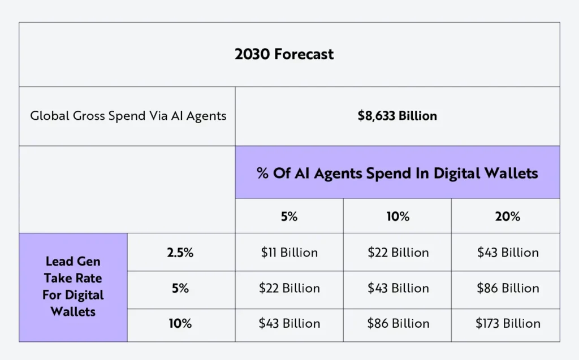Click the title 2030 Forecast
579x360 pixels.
[x=284, y=54]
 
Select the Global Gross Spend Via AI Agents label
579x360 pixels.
[x=128, y=116]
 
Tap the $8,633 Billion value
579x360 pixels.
[x=397, y=116]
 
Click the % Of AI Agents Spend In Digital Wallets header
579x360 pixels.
[x=397, y=173]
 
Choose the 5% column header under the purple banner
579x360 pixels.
[x=289, y=216]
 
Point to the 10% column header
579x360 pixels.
[x=397, y=216]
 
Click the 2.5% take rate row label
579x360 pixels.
[x=180, y=253]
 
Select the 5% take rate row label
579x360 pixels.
[x=180, y=288]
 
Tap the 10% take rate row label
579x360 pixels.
[x=180, y=324]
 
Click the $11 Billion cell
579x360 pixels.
[x=289, y=253]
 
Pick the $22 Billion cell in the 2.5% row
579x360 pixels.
[x=397, y=253]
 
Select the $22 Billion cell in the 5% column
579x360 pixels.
[x=289, y=288]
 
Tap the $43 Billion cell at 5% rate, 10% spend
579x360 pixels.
[x=397, y=288]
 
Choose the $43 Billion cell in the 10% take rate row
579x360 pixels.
[x=289, y=324]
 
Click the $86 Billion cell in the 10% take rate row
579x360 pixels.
[x=397, y=324]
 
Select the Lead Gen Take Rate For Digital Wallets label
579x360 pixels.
[x=73, y=287]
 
